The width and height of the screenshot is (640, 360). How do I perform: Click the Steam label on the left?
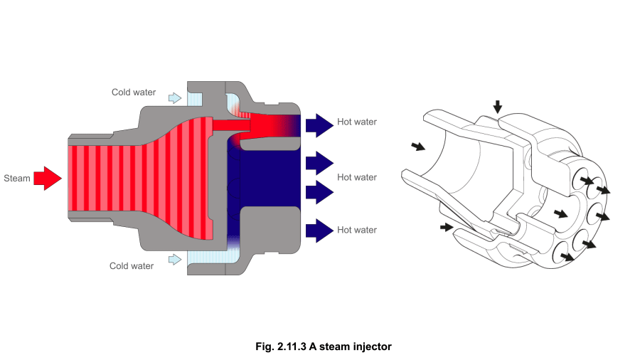(x=17, y=178)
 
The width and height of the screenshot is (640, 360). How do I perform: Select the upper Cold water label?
(x=133, y=92)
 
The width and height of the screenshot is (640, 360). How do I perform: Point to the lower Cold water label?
(x=132, y=266)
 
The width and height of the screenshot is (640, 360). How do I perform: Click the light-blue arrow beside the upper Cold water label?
(x=174, y=97)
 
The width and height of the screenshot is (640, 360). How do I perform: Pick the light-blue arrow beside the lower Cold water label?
(x=174, y=260)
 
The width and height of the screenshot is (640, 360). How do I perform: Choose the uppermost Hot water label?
(x=357, y=122)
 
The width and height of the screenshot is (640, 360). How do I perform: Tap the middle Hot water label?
(x=357, y=177)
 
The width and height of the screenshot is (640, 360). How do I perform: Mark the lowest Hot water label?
(x=357, y=230)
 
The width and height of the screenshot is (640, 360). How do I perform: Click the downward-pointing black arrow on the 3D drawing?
(x=498, y=106)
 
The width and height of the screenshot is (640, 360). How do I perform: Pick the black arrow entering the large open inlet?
(x=418, y=147)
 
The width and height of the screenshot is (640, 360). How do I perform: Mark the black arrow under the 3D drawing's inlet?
(x=446, y=228)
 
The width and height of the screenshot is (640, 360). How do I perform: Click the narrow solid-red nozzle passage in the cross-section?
(x=231, y=125)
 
